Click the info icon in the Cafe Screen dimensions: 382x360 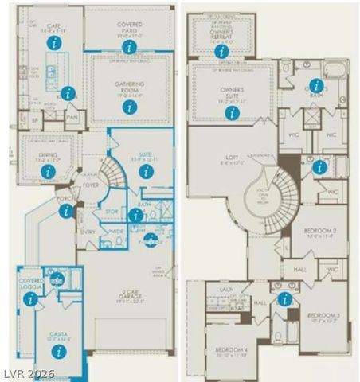[x=53, y=43]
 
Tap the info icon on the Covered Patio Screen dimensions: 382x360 [x=130, y=47]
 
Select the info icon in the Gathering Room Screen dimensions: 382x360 [x=130, y=106]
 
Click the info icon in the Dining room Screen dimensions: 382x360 [x=49, y=171]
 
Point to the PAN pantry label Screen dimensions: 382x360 [x=72, y=118]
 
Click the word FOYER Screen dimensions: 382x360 [x=91, y=185]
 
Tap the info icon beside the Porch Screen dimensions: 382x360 [x=66, y=211]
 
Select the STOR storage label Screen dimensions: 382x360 [x=112, y=211]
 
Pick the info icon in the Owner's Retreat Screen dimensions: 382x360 [x=221, y=51]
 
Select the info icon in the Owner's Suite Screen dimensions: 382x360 [x=232, y=113]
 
